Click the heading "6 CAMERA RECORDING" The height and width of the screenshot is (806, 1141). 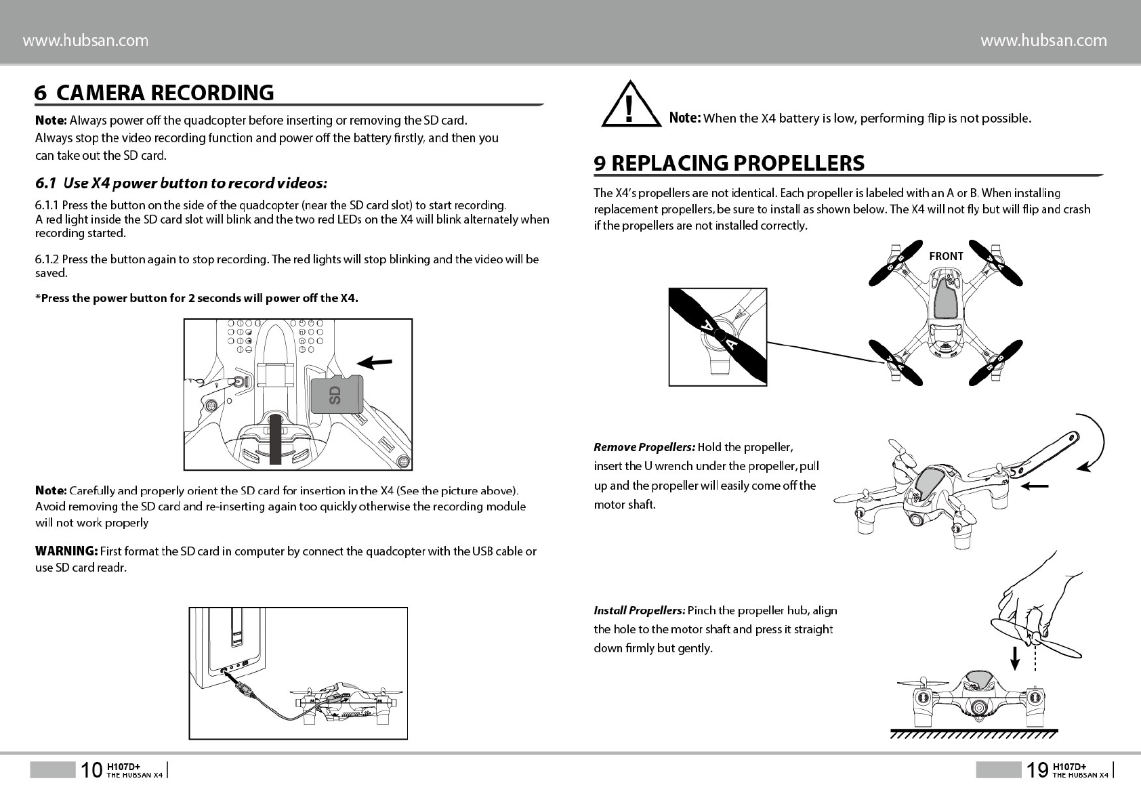(x=154, y=93)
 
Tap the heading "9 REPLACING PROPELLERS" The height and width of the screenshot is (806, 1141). (x=729, y=163)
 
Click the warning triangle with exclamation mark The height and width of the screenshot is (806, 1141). (x=630, y=106)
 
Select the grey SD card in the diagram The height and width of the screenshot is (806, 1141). (x=337, y=394)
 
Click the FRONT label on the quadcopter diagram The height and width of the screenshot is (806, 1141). (x=946, y=256)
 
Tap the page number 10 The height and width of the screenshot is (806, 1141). (x=91, y=770)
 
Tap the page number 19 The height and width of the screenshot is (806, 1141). (x=1037, y=770)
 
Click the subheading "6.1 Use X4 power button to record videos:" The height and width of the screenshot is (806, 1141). (x=182, y=184)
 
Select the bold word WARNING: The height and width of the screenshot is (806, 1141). (x=66, y=551)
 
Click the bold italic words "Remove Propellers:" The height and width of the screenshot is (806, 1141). (x=644, y=447)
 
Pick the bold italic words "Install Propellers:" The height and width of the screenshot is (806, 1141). (x=640, y=610)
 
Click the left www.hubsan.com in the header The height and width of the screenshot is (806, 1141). (x=86, y=41)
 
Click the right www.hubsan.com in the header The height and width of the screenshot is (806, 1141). (x=1043, y=41)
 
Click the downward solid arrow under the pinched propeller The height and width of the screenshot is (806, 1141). (x=1014, y=657)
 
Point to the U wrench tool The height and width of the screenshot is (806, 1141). (x=1047, y=453)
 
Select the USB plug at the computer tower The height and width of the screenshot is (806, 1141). (x=245, y=691)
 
